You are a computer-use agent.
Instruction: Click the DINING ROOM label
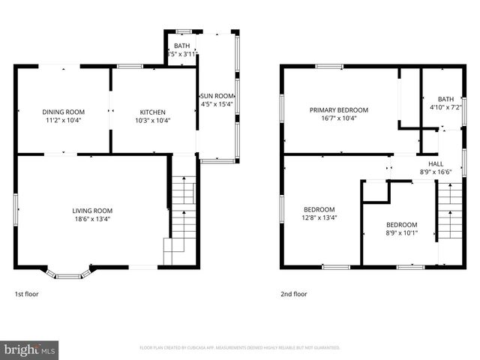(x=62, y=112)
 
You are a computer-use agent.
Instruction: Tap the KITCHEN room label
(x=153, y=112)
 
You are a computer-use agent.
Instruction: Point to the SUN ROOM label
(x=217, y=96)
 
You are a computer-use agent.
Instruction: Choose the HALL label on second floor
(x=436, y=163)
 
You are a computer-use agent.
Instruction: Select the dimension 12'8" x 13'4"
(x=319, y=218)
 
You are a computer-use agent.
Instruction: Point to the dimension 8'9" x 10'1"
(x=402, y=233)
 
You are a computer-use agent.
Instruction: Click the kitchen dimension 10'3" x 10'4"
(x=153, y=120)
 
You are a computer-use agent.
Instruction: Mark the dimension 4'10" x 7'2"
(x=445, y=107)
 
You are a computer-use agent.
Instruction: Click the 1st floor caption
(x=27, y=294)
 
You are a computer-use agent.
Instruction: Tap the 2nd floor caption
(x=294, y=294)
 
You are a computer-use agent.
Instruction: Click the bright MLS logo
(x=30, y=349)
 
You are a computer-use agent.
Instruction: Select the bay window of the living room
(x=69, y=273)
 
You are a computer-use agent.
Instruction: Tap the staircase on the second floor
(x=449, y=217)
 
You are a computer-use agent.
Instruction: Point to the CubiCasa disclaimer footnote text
(x=240, y=348)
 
